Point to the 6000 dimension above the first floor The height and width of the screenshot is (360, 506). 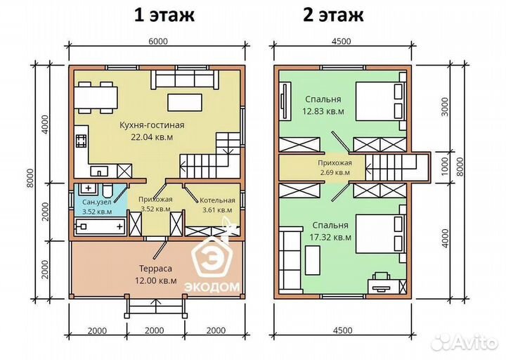click(x=157, y=41)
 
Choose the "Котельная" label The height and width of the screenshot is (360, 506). click(x=216, y=200)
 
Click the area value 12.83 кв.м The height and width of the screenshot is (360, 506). click(x=324, y=110)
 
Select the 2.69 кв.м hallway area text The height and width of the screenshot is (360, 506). click(x=334, y=172)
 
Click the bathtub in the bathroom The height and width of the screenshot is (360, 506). click(x=100, y=226)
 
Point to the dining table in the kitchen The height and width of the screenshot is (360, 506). click(x=98, y=97)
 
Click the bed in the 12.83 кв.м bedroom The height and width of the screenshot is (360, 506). click(x=379, y=102)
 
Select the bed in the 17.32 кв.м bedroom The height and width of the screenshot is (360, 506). click(x=379, y=238)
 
